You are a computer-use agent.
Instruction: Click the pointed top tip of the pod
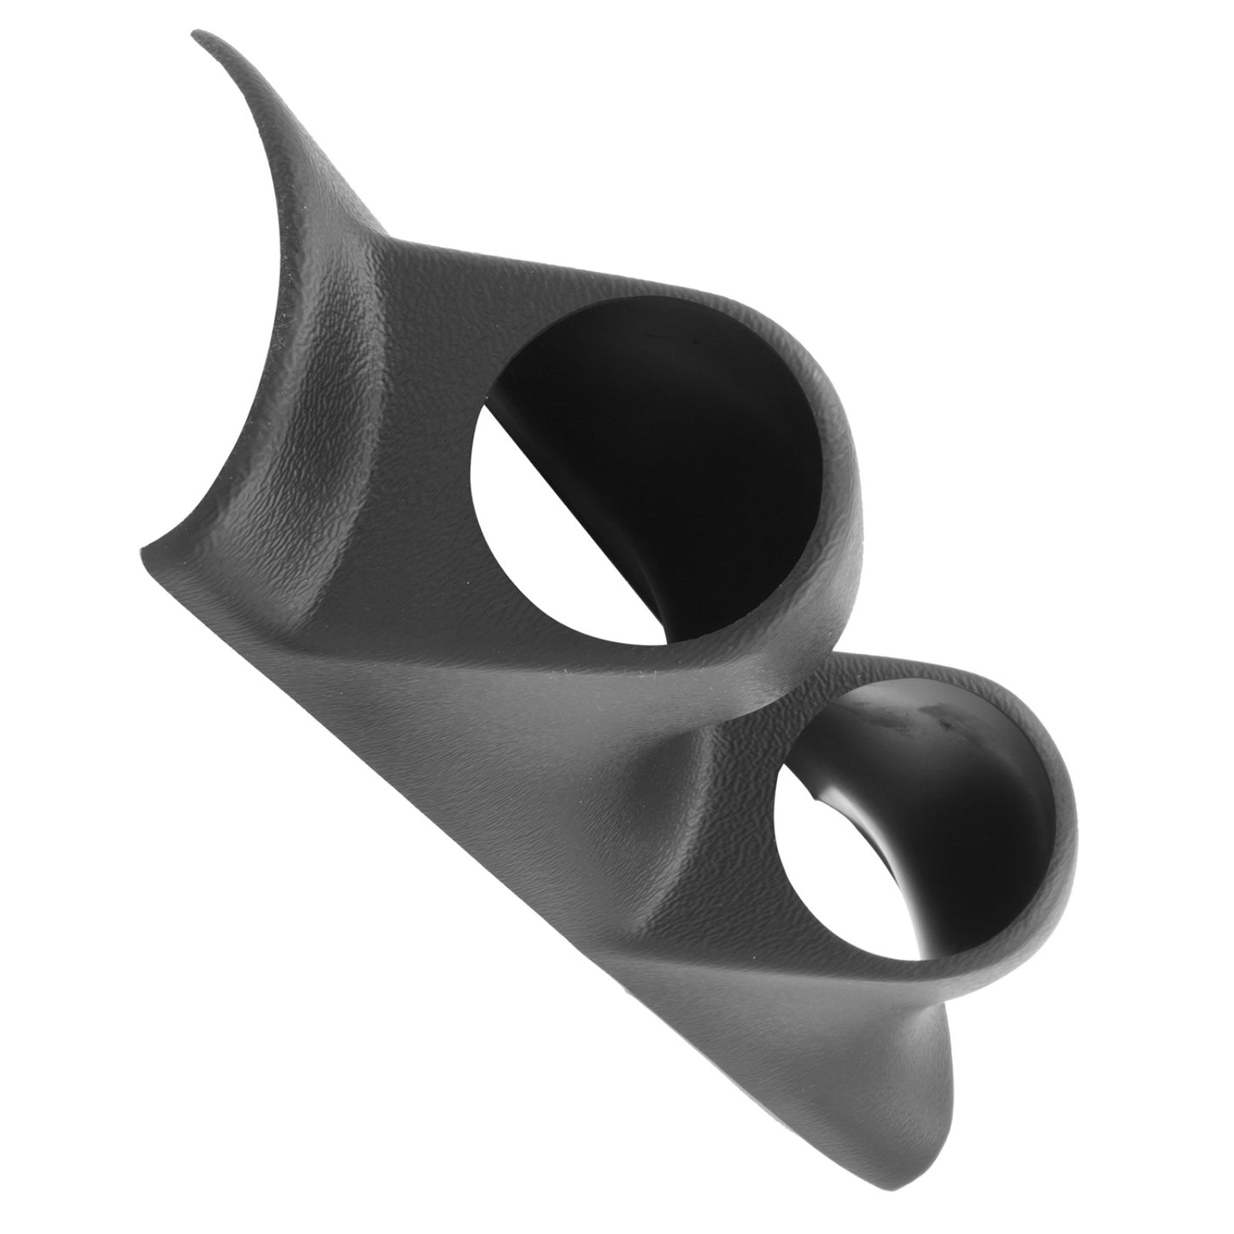pyautogui.click(x=198, y=36)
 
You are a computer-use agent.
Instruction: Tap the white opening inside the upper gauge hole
pyautogui.click(x=547, y=529)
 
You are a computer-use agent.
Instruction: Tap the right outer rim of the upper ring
pyautogui.click(x=854, y=478)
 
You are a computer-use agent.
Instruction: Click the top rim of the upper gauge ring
pyautogui.click(x=683, y=290)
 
